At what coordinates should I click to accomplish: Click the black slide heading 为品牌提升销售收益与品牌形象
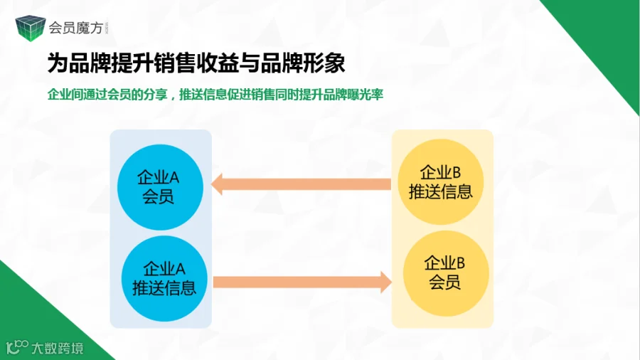[x=196, y=63]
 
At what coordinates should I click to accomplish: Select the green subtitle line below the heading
[x=215, y=95]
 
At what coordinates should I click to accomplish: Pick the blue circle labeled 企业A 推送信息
[x=165, y=278]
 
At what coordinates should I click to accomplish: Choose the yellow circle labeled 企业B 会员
[x=445, y=273]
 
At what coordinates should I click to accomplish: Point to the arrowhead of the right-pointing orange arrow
[x=385, y=282]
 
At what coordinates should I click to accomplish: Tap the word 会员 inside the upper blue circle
[x=158, y=196]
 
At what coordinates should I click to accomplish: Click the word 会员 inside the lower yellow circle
[x=445, y=282]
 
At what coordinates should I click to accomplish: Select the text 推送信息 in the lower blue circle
[x=165, y=287]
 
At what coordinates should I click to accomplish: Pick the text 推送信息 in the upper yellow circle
[x=442, y=191]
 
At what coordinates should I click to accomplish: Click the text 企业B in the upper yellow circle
[x=442, y=173]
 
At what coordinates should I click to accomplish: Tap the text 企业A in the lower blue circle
[x=165, y=269]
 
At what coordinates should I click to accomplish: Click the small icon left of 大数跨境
[x=16, y=348]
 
